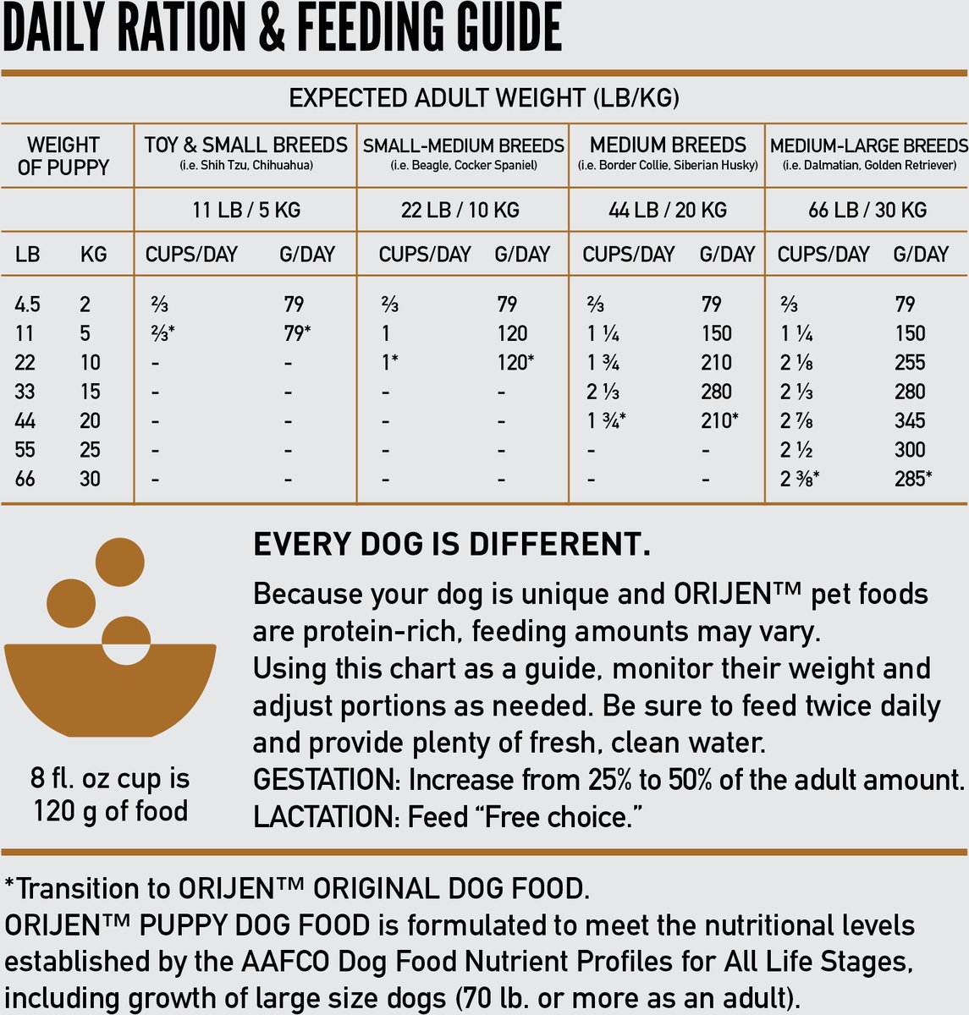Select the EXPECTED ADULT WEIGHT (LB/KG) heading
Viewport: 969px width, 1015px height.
click(x=484, y=98)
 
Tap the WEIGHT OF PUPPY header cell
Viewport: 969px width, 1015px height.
click(x=63, y=156)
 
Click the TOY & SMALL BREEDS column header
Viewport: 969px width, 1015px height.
click(x=245, y=145)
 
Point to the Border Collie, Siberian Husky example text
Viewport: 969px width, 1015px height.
click(x=668, y=166)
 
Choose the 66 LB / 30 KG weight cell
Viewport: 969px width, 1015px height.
click(x=867, y=210)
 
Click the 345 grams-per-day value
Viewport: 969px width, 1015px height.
click(x=911, y=420)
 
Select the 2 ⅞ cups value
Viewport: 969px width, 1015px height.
click(x=796, y=420)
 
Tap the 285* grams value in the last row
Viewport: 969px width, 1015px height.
click(x=913, y=479)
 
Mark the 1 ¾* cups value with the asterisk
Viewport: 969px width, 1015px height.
click(x=606, y=420)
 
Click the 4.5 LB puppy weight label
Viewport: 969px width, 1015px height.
click(x=27, y=304)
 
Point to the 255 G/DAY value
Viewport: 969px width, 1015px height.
click(x=911, y=362)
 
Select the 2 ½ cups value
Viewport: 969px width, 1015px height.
click(x=796, y=449)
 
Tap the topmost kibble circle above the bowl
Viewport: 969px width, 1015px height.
click(x=119, y=561)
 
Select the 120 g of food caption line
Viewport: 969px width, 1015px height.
click(x=110, y=811)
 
